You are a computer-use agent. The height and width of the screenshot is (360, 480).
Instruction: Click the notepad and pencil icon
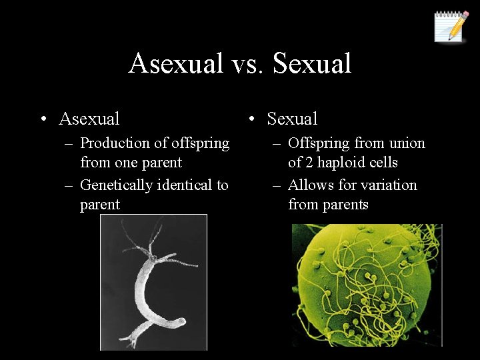pos(451,27)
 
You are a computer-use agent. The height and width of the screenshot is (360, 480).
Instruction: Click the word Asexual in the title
pos(175,64)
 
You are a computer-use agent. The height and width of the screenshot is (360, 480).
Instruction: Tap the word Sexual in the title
pos(312,64)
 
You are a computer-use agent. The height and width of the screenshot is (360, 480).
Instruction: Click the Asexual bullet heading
pos(89,119)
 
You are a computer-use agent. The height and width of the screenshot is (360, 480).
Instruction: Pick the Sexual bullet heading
pos(292,119)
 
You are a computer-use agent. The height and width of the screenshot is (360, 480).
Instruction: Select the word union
pos(407,143)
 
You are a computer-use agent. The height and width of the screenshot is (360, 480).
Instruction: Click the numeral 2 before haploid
pos(311,163)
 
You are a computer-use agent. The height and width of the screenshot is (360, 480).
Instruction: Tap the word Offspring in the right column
pos(319,143)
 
